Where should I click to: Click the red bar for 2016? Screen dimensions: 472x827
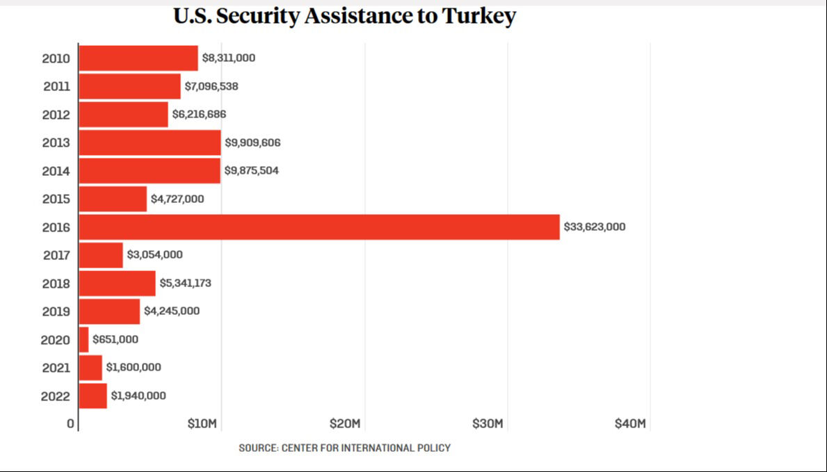pos(319,227)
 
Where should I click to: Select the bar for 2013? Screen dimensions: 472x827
pos(150,143)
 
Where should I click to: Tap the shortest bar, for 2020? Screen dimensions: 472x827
pos(83,340)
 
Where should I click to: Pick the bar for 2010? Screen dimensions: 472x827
pos(138,58)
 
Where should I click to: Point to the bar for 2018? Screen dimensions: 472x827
pos(117,284)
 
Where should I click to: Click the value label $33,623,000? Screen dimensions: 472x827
pos(594,227)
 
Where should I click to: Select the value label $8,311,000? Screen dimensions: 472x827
pos(228,58)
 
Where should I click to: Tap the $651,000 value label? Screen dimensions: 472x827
pos(115,339)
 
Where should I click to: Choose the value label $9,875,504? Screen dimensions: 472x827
pos(251,170)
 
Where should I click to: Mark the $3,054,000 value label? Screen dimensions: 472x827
pos(154,255)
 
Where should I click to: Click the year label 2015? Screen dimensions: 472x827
pos(56,200)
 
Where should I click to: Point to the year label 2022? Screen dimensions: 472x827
pos(56,396)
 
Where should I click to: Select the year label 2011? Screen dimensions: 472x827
pos(56,87)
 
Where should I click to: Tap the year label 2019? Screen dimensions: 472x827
pos(56,311)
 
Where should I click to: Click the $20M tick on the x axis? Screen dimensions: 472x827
pos(345,424)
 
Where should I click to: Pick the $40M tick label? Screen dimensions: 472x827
pos(630,424)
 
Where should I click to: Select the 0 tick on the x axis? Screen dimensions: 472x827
pos(70,424)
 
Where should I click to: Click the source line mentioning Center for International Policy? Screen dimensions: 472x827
pos(344,448)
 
